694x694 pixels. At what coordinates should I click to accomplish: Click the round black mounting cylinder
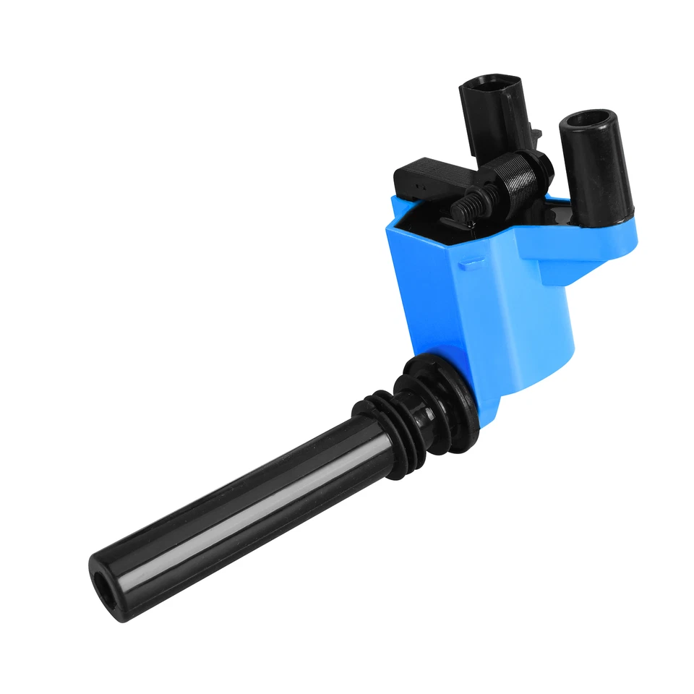click(x=596, y=166)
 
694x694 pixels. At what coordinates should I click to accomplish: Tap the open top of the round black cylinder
click(x=587, y=119)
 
